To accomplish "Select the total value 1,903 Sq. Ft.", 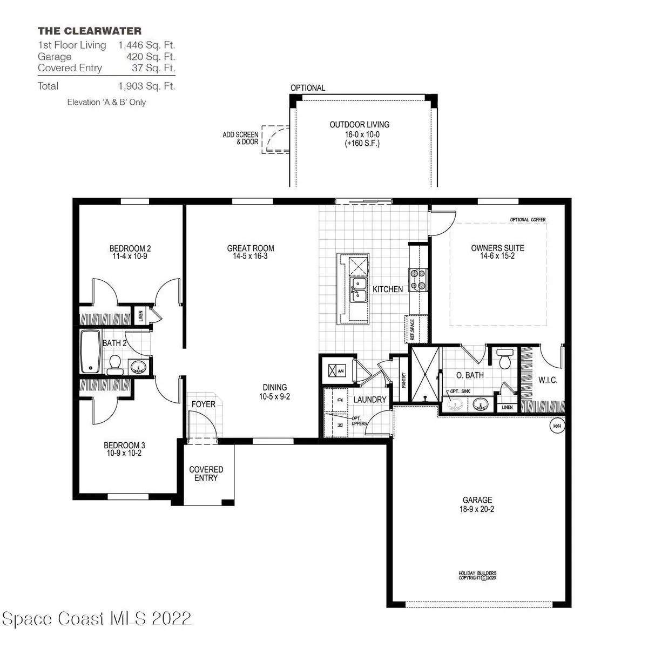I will tap(146, 86).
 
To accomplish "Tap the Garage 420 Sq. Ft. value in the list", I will tap(146, 57).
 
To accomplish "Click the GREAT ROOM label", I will tap(251, 248).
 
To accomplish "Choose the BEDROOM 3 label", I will tap(124, 446).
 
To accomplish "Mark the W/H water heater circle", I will tap(557, 426).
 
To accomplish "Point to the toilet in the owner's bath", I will tap(504, 359).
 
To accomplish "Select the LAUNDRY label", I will tap(370, 400).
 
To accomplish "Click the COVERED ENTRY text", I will tap(206, 474).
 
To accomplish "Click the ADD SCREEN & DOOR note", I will tap(240, 138).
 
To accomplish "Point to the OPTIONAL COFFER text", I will tap(528, 220).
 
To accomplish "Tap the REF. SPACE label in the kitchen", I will tap(411, 329).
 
